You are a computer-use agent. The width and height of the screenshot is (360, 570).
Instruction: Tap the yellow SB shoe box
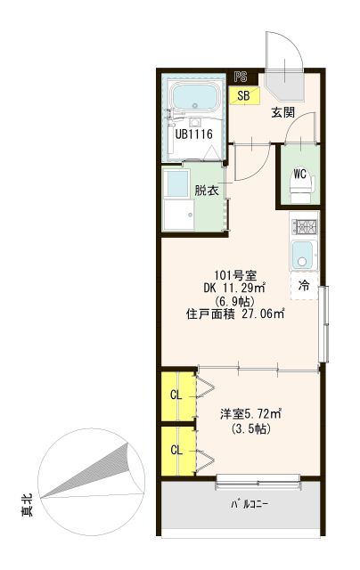pos(243,94)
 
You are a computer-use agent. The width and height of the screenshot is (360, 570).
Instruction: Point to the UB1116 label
pos(192,135)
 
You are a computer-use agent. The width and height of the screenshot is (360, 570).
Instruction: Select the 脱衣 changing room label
pos(207,190)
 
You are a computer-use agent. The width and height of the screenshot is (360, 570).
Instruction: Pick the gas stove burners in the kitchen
pos(305,226)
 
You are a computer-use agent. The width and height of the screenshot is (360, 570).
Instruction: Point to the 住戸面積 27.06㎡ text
pos(235,313)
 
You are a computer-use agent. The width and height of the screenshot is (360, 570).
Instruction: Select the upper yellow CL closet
pos(176,395)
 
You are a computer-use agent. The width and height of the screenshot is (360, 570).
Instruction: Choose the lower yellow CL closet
pos(176,450)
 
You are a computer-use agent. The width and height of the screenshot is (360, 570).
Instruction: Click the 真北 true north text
pos(27,508)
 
